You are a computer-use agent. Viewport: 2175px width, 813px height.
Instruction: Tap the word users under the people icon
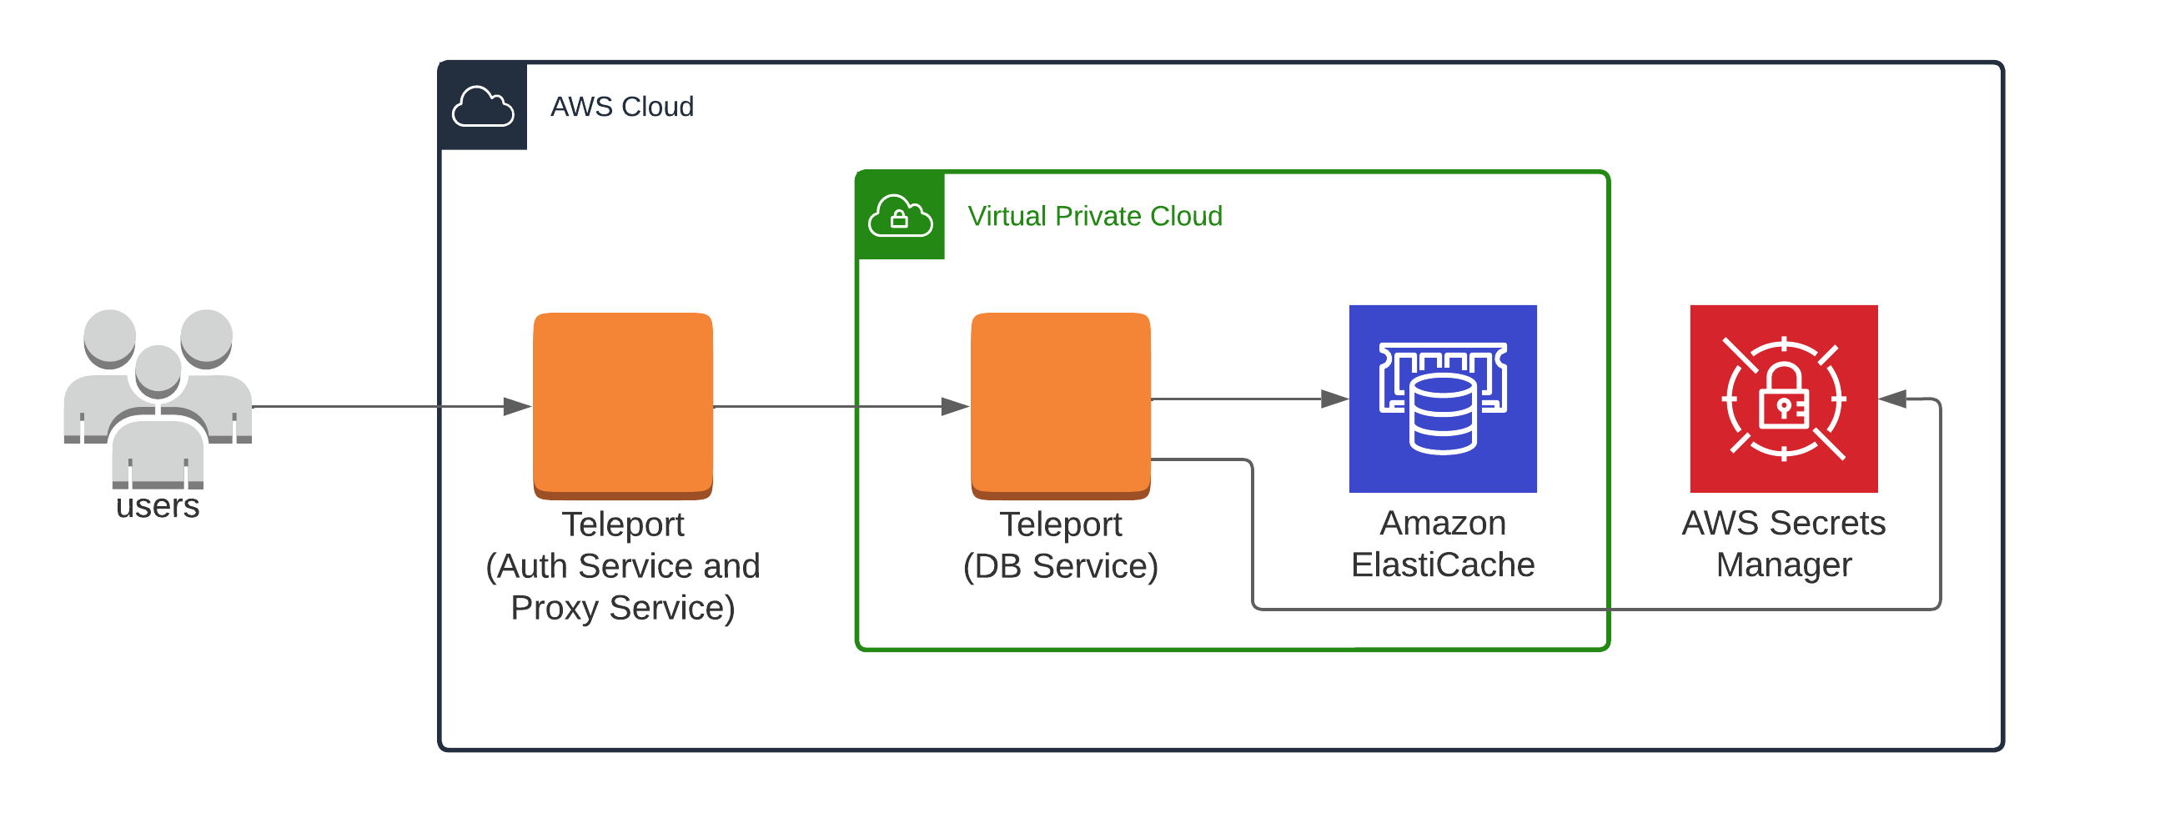(x=158, y=506)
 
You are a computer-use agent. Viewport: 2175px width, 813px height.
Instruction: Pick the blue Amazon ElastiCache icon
(x=1443, y=399)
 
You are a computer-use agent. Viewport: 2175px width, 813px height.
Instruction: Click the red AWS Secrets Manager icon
(x=1783, y=399)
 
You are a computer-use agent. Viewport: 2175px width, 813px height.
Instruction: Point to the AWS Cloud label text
(x=622, y=108)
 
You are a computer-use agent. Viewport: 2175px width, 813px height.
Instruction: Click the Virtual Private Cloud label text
(x=1094, y=216)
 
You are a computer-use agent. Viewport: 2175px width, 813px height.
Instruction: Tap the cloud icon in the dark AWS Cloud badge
(x=483, y=107)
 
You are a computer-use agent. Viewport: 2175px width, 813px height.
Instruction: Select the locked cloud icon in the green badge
(x=900, y=216)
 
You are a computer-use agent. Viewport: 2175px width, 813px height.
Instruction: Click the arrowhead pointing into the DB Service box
(x=956, y=407)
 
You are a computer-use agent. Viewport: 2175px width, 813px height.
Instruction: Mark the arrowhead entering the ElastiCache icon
(x=1335, y=399)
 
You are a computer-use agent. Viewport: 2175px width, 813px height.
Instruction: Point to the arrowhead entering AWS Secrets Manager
(x=1893, y=399)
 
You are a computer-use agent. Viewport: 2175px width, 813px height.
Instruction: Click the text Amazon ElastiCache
(x=1443, y=545)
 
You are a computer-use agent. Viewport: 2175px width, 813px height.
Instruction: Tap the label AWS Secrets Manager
(x=1783, y=545)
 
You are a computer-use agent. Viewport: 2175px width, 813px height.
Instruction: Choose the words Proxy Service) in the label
(x=623, y=608)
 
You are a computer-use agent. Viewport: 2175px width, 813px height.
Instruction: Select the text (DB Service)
(x=1061, y=566)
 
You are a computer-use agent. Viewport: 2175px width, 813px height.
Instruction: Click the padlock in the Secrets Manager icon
(x=1783, y=399)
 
